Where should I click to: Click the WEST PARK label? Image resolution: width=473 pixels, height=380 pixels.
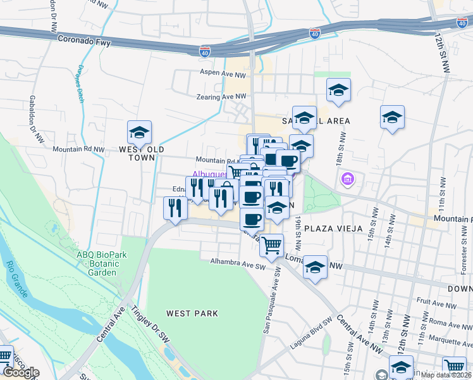[x=192, y=313]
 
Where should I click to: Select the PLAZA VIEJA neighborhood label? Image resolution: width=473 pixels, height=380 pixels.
[x=333, y=228]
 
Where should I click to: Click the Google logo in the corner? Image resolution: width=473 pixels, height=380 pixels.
[x=20, y=372]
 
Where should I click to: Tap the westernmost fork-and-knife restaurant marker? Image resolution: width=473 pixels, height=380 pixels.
[x=175, y=208]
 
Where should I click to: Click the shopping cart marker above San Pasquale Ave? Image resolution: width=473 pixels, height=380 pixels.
[x=271, y=244]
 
